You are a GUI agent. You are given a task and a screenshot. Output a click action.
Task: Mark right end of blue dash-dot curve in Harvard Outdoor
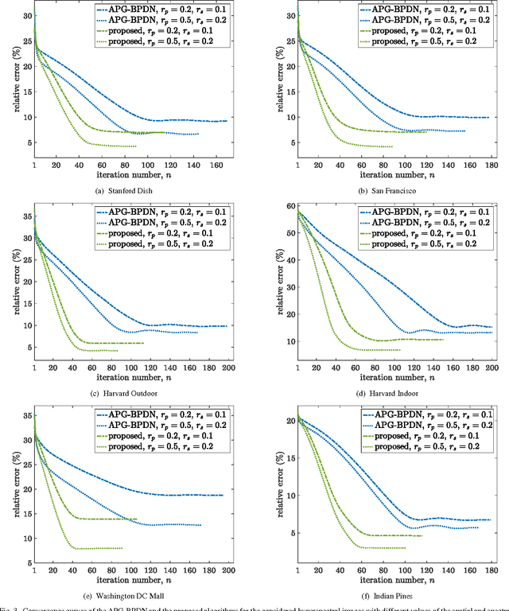coord(227,326)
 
